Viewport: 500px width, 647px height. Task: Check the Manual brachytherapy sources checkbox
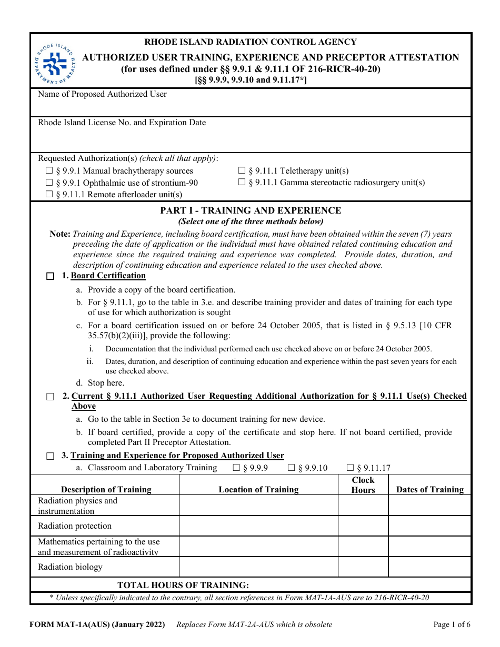[x=49, y=171]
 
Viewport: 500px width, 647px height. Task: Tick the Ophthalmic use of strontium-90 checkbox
[x=49, y=183]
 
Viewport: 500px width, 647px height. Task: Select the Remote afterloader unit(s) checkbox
[x=49, y=195]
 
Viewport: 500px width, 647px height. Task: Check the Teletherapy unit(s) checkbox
[x=242, y=171]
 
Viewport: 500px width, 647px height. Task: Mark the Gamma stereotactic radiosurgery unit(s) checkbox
[x=242, y=183]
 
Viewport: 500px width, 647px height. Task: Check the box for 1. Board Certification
[x=50, y=276]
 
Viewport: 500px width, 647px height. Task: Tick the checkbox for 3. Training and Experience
[x=50, y=456]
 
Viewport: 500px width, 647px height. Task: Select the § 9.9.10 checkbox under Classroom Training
[x=291, y=468]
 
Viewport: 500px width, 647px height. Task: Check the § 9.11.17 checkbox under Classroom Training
[x=350, y=468]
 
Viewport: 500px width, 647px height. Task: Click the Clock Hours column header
[x=363, y=485]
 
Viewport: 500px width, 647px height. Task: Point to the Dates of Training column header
[x=430, y=490]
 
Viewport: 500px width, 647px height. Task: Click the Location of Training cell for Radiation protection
[x=258, y=526]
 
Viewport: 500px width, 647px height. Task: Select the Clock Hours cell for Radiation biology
[x=363, y=567]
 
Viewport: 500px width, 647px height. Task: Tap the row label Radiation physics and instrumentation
[x=77, y=506]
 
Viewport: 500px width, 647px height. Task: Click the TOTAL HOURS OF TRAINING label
[x=183, y=585]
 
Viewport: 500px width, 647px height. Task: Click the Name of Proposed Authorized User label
[x=102, y=94]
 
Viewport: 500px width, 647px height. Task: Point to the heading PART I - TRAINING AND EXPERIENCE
[x=251, y=210]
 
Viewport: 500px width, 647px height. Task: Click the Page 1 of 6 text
[x=452, y=625]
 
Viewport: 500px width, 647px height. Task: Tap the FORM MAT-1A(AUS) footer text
[x=97, y=625]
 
